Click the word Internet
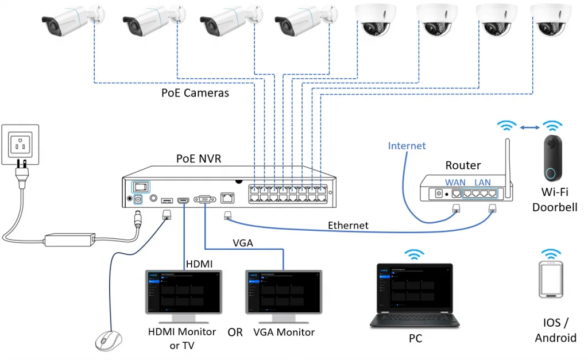[x=407, y=146]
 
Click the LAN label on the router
[x=482, y=182]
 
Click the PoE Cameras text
[x=195, y=92]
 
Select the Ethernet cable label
[x=348, y=226]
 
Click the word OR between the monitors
[x=235, y=332]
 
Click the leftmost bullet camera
[x=67, y=21]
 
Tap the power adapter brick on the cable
[x=69, y=238]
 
